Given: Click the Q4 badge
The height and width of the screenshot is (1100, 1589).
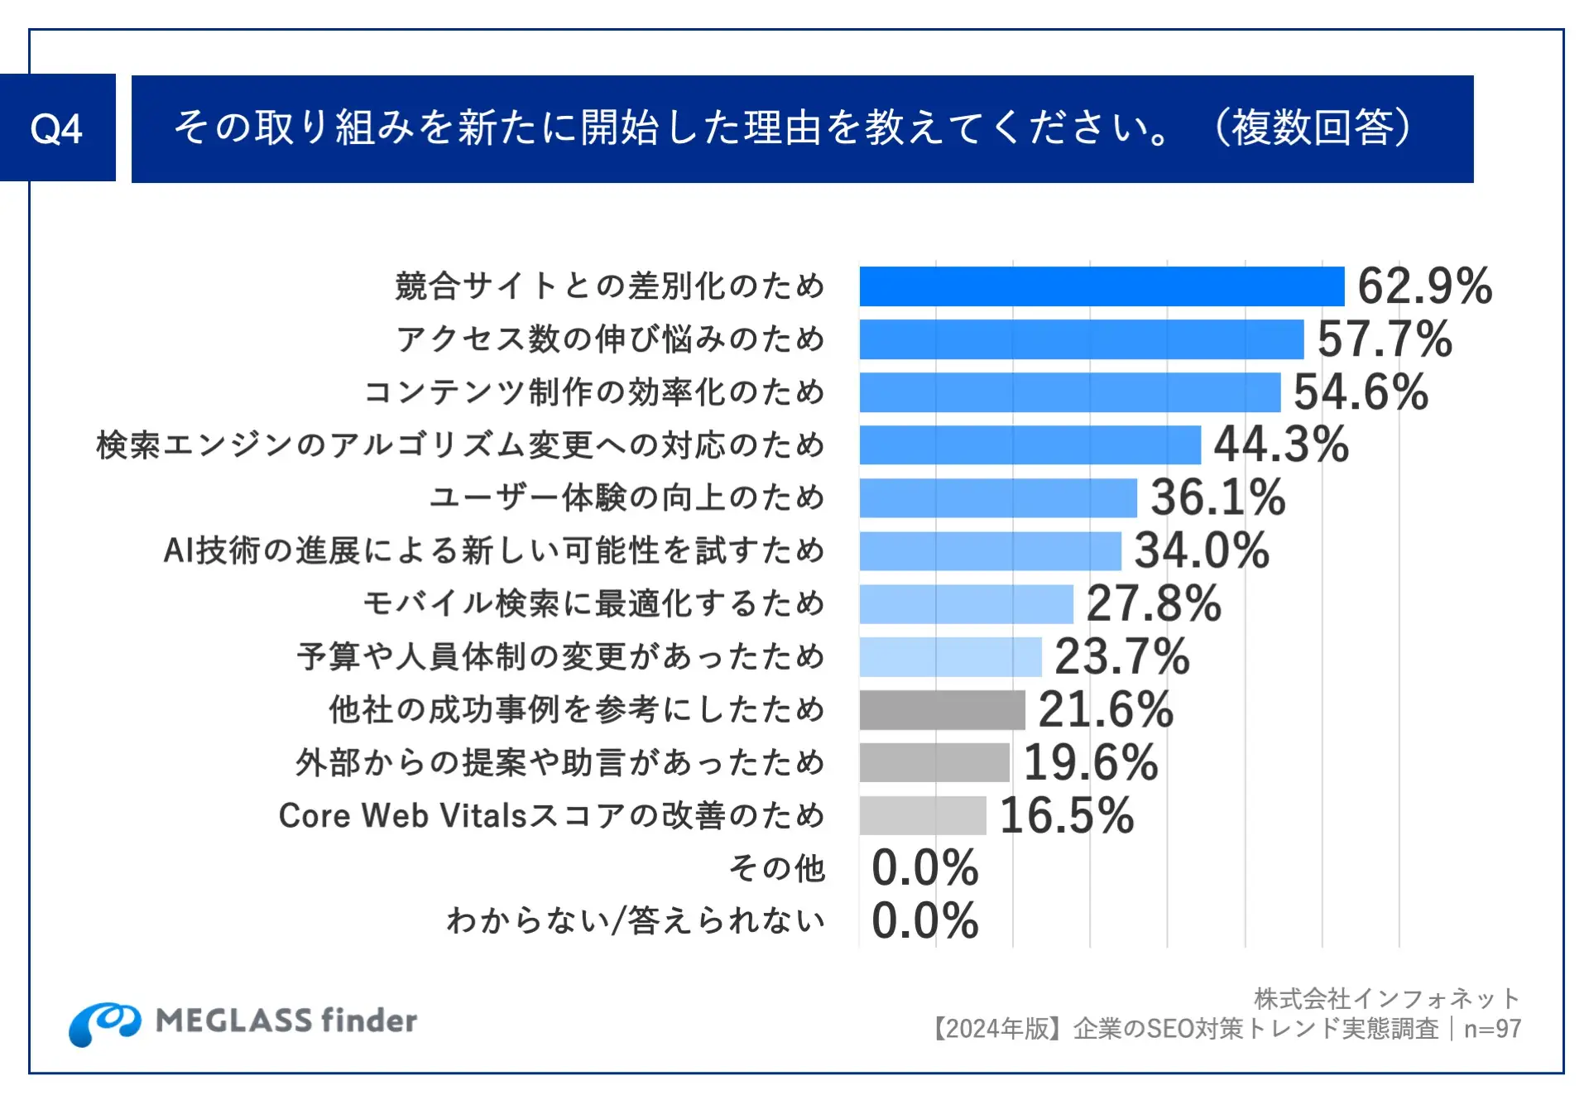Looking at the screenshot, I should coord(56,128).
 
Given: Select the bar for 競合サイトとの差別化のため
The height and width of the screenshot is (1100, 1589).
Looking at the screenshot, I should coord(1101,286).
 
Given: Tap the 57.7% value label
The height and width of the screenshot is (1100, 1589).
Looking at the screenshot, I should coord(1385,339).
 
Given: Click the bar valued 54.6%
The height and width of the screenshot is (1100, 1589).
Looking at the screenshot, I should coord(1069,392).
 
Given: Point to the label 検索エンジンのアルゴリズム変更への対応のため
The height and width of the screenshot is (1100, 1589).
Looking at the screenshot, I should coord(460,445).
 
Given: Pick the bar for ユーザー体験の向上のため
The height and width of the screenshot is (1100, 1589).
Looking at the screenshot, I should coord(997,498).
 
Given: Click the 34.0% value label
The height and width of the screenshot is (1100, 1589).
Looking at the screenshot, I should coord(1202,551).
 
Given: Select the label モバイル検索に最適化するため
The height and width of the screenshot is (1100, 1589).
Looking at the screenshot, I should coord(593,603).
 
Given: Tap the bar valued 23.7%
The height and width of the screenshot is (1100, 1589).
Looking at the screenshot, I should coord(950,657).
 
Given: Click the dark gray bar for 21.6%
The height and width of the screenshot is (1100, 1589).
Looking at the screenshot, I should coord(942,710).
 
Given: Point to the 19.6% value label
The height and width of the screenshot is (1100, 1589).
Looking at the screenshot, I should coord(1091,762).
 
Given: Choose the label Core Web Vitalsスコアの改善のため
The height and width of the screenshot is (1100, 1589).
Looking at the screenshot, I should coord(551,815).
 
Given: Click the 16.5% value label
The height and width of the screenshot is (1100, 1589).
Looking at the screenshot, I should coord(1067,815).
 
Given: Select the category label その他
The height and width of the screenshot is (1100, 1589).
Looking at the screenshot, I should coord(777,868).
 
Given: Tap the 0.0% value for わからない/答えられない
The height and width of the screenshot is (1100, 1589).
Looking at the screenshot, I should coord(925,920).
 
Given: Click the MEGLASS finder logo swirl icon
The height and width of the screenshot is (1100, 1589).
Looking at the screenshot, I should coord(104,1023).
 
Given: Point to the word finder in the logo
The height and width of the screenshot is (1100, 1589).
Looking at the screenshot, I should coord(368,1021).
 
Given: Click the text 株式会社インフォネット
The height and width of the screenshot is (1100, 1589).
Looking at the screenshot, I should coord(1387,999).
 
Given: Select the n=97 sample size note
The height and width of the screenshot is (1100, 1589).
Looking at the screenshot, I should coord(1492,1029).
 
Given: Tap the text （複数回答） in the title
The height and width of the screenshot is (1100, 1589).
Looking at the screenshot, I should coord(1313,128).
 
